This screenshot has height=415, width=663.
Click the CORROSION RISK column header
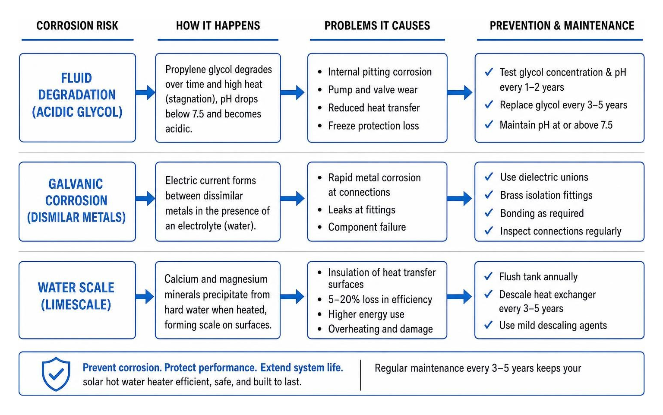click(77, 26)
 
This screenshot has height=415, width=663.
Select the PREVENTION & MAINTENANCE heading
click(562, 26)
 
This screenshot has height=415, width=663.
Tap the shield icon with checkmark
click(56, 374)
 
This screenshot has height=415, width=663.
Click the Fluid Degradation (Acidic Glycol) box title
click(77, 95)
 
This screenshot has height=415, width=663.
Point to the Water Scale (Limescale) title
click(76, 296)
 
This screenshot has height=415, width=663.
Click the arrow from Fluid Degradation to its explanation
click(145, 92)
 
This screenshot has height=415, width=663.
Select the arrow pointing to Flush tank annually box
click(459, 297)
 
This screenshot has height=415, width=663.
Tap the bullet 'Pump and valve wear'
click(373, 90)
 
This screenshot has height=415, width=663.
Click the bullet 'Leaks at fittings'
click(362, 210)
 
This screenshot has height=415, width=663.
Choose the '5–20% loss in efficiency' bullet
click(380, 299)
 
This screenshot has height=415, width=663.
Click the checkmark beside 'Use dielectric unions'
click(489, 177)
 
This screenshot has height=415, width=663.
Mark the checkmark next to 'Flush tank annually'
click(488, 276)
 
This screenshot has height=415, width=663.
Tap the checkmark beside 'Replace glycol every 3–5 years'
click(489, 104)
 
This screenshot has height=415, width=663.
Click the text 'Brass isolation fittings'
click(546, 195)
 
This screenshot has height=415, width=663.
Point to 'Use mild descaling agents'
click(553, 325)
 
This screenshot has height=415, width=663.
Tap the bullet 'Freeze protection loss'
click(373, 126)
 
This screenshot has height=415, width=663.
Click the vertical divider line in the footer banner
click(360, 375)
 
